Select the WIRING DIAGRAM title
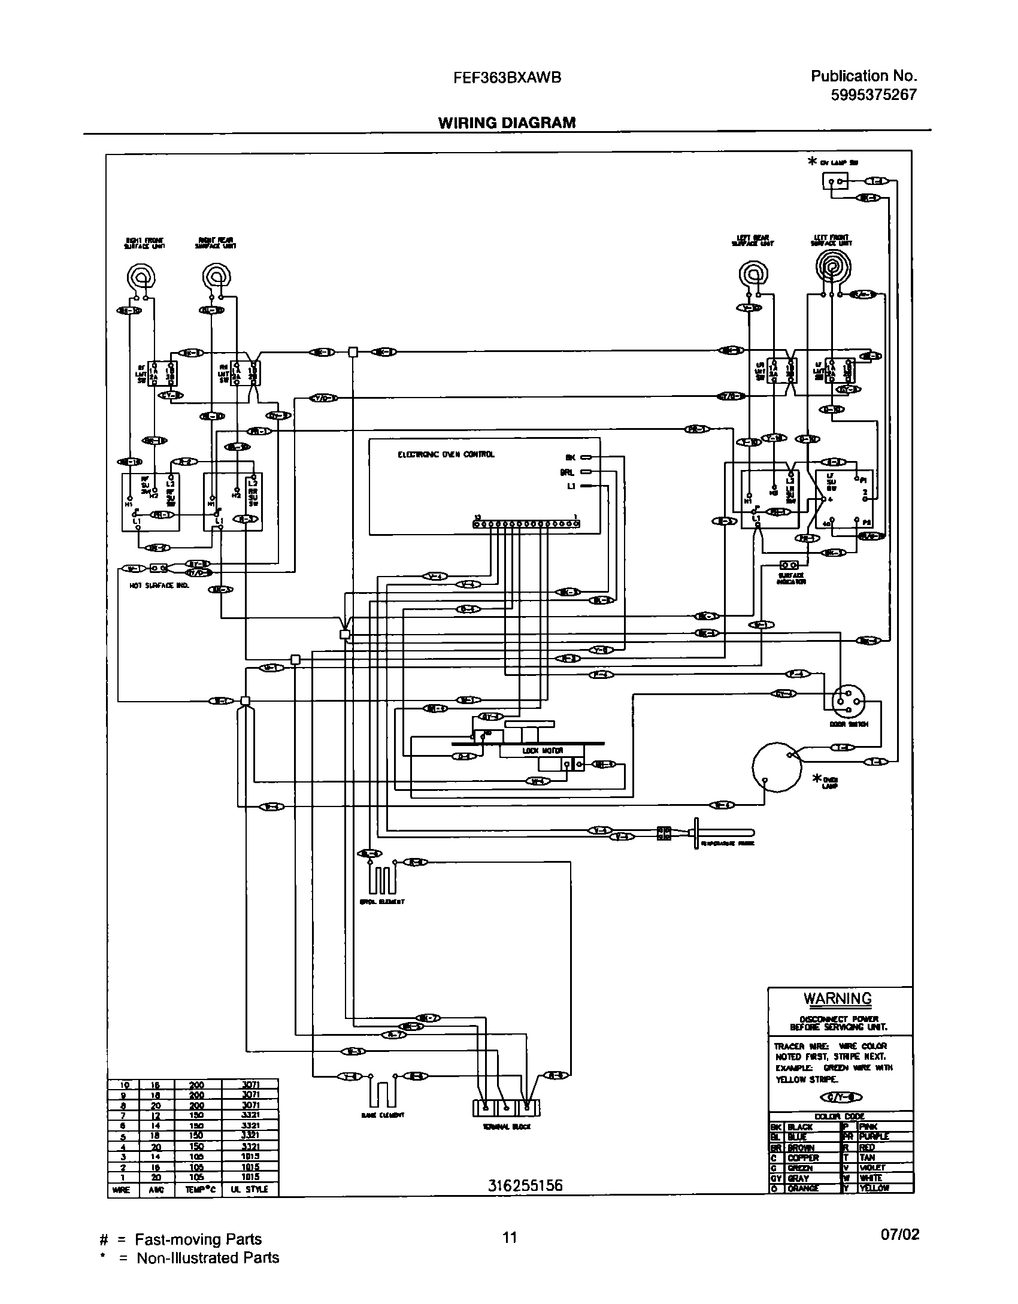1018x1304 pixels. [x=507, y=123]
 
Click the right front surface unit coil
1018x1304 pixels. [x=141, y=277]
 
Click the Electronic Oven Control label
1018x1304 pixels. [x=446, y=454]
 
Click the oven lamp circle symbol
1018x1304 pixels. [x=777, y=767]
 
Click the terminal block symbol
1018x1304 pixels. [x=506, y=1108]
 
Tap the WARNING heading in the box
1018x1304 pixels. [x=837, y=999]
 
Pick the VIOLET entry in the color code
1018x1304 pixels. [x=872, y=1167]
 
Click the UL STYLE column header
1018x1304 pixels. [x=250, y=1189]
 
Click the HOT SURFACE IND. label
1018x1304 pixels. [x=159, y=586]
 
